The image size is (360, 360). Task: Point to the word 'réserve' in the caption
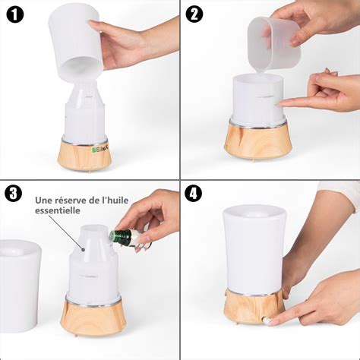click(71, 201)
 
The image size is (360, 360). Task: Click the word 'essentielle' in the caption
click(58, 214)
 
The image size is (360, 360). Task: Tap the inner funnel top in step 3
click(93, 232)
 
